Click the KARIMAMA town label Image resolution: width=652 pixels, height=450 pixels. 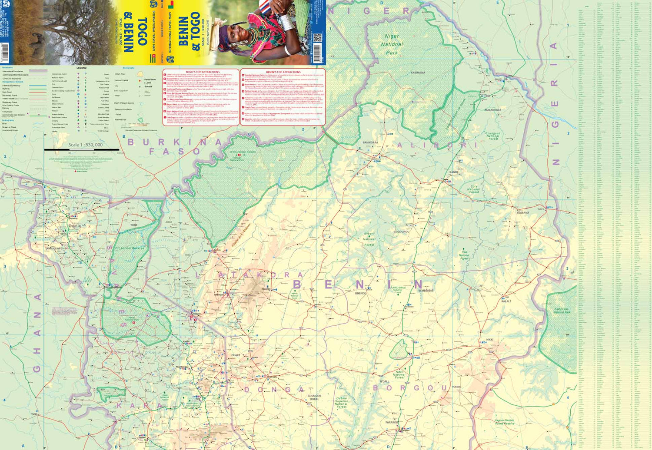418,73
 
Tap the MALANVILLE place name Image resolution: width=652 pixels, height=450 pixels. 493,110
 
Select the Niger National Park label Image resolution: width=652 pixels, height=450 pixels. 392,44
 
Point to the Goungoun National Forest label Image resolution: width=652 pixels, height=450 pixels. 493,136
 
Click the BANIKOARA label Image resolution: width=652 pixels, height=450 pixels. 370,142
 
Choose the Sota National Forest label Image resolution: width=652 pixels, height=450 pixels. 474,189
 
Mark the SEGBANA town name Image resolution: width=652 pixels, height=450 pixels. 522,213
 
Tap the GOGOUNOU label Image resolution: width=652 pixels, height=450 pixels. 401,232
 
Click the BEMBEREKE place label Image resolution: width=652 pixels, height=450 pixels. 426,291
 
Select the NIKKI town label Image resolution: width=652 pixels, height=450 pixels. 489,340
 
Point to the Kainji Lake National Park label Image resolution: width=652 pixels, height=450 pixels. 561,311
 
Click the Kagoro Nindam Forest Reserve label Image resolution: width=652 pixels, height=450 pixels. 505,422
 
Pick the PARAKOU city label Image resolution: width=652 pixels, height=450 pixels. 392,422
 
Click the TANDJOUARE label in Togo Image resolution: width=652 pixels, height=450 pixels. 54,248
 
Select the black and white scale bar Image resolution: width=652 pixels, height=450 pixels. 81,150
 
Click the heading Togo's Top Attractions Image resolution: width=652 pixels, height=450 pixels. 203,72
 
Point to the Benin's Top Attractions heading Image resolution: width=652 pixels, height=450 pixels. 283,72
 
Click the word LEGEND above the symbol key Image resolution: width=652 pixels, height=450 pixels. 82,68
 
